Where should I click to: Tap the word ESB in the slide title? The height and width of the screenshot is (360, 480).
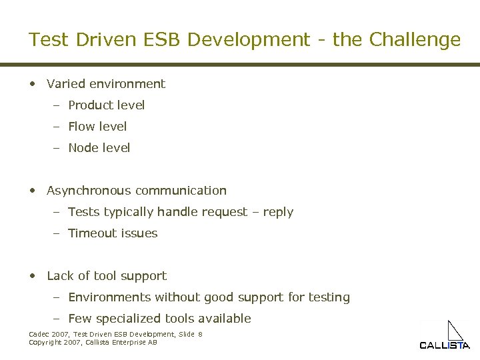pos(159,40)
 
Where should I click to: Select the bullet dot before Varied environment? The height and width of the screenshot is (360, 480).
pos(33,84)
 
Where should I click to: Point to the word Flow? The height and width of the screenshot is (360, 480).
pos(81,127)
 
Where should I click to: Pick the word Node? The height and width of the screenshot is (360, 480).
pos(83,148)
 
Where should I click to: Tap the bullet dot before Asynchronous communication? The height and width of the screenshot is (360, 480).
pos(33,191)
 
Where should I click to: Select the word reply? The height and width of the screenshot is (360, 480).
pos(278,213)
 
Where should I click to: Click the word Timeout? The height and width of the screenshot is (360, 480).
pos(93,233)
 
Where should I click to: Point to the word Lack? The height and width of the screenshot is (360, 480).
pos(60,276)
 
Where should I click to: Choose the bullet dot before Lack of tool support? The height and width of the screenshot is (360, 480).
pos(33,276)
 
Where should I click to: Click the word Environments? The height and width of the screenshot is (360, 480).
pos(111,297)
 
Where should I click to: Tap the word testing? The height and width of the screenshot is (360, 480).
pos(327,298)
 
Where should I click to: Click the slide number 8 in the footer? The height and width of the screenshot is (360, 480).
pos(200,334)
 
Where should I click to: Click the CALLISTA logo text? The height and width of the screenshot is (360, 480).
pos(445,345)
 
